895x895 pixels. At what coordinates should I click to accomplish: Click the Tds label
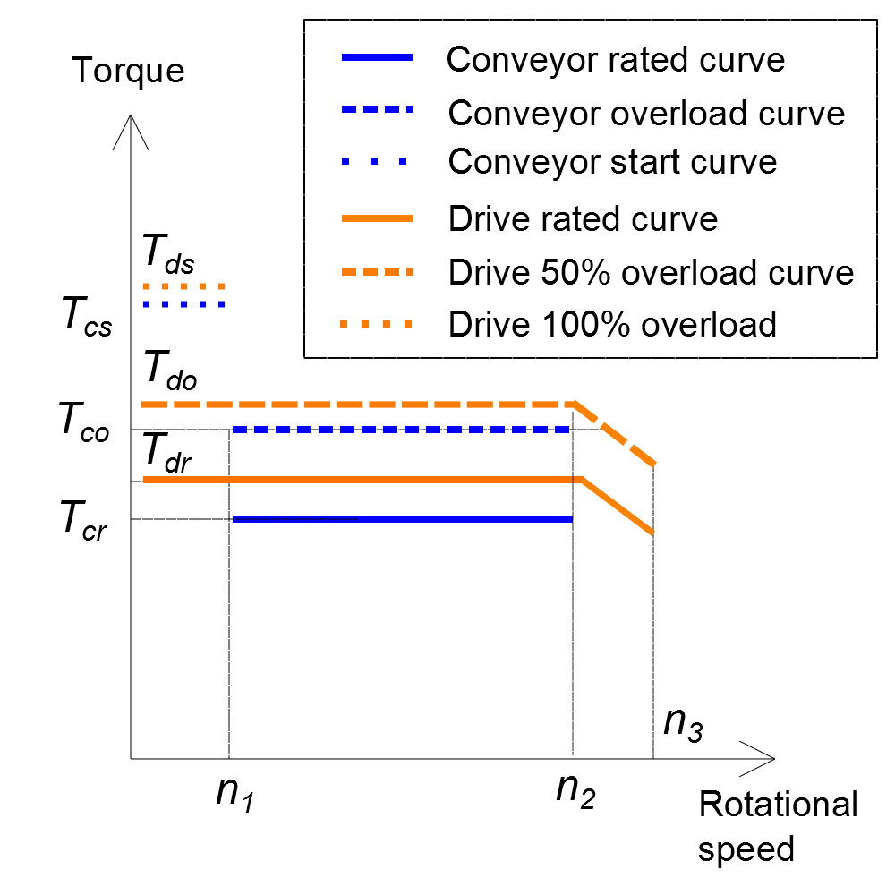coord(168,257)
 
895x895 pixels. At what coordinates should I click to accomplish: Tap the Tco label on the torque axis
coord(84,421)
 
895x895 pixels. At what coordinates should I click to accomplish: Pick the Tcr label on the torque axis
coord(83,520)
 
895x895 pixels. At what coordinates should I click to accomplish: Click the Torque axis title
coord(129,71)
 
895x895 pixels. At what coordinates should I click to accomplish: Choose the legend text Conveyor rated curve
coord(615,59)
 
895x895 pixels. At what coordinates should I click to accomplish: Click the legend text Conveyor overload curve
coord(646,113)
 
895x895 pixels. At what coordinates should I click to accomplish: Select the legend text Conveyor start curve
coord(612,162)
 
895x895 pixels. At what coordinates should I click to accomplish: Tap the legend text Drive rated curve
coord(583,218)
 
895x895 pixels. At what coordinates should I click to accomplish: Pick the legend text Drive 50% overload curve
coord(651,271)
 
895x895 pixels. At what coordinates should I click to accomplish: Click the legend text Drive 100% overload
coord(612,323)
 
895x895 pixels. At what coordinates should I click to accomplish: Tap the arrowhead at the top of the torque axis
coord(131,125)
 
